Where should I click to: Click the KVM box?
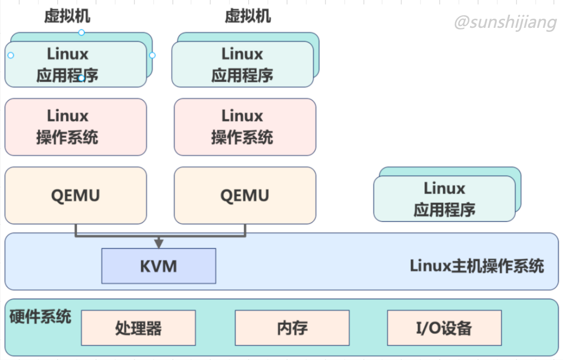(x=158, y=266)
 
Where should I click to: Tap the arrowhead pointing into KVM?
(x=159, y=243)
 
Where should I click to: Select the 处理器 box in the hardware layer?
(x=138, y=328)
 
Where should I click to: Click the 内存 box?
(x=292, y=328)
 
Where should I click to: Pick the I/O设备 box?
(x=444, y=328)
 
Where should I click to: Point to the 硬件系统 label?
(x=40, y=317)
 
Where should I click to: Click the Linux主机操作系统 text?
(x=477, y=266)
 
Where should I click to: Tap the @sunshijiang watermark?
(x=505, y=22)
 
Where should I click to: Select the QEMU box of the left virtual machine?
(x=75, y=195)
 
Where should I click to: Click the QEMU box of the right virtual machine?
(x=245, y=195)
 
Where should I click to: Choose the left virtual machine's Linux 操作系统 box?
(x=75, y=126)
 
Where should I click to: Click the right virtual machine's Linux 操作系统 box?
(x=245, y=126)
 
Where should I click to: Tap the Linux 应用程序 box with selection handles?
(x=75, y=64)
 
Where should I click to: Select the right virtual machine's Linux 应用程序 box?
(x=242, y=64)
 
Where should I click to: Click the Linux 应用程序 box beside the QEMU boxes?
(x=444, y=199)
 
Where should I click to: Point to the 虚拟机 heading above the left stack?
(x=67, y=16)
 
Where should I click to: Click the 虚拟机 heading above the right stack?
(x=248, y=16)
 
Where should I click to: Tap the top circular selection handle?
(x=81, y=32)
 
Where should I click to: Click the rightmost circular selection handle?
(x=152, y=55)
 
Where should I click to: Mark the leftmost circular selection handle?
(x=11, y=55)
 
